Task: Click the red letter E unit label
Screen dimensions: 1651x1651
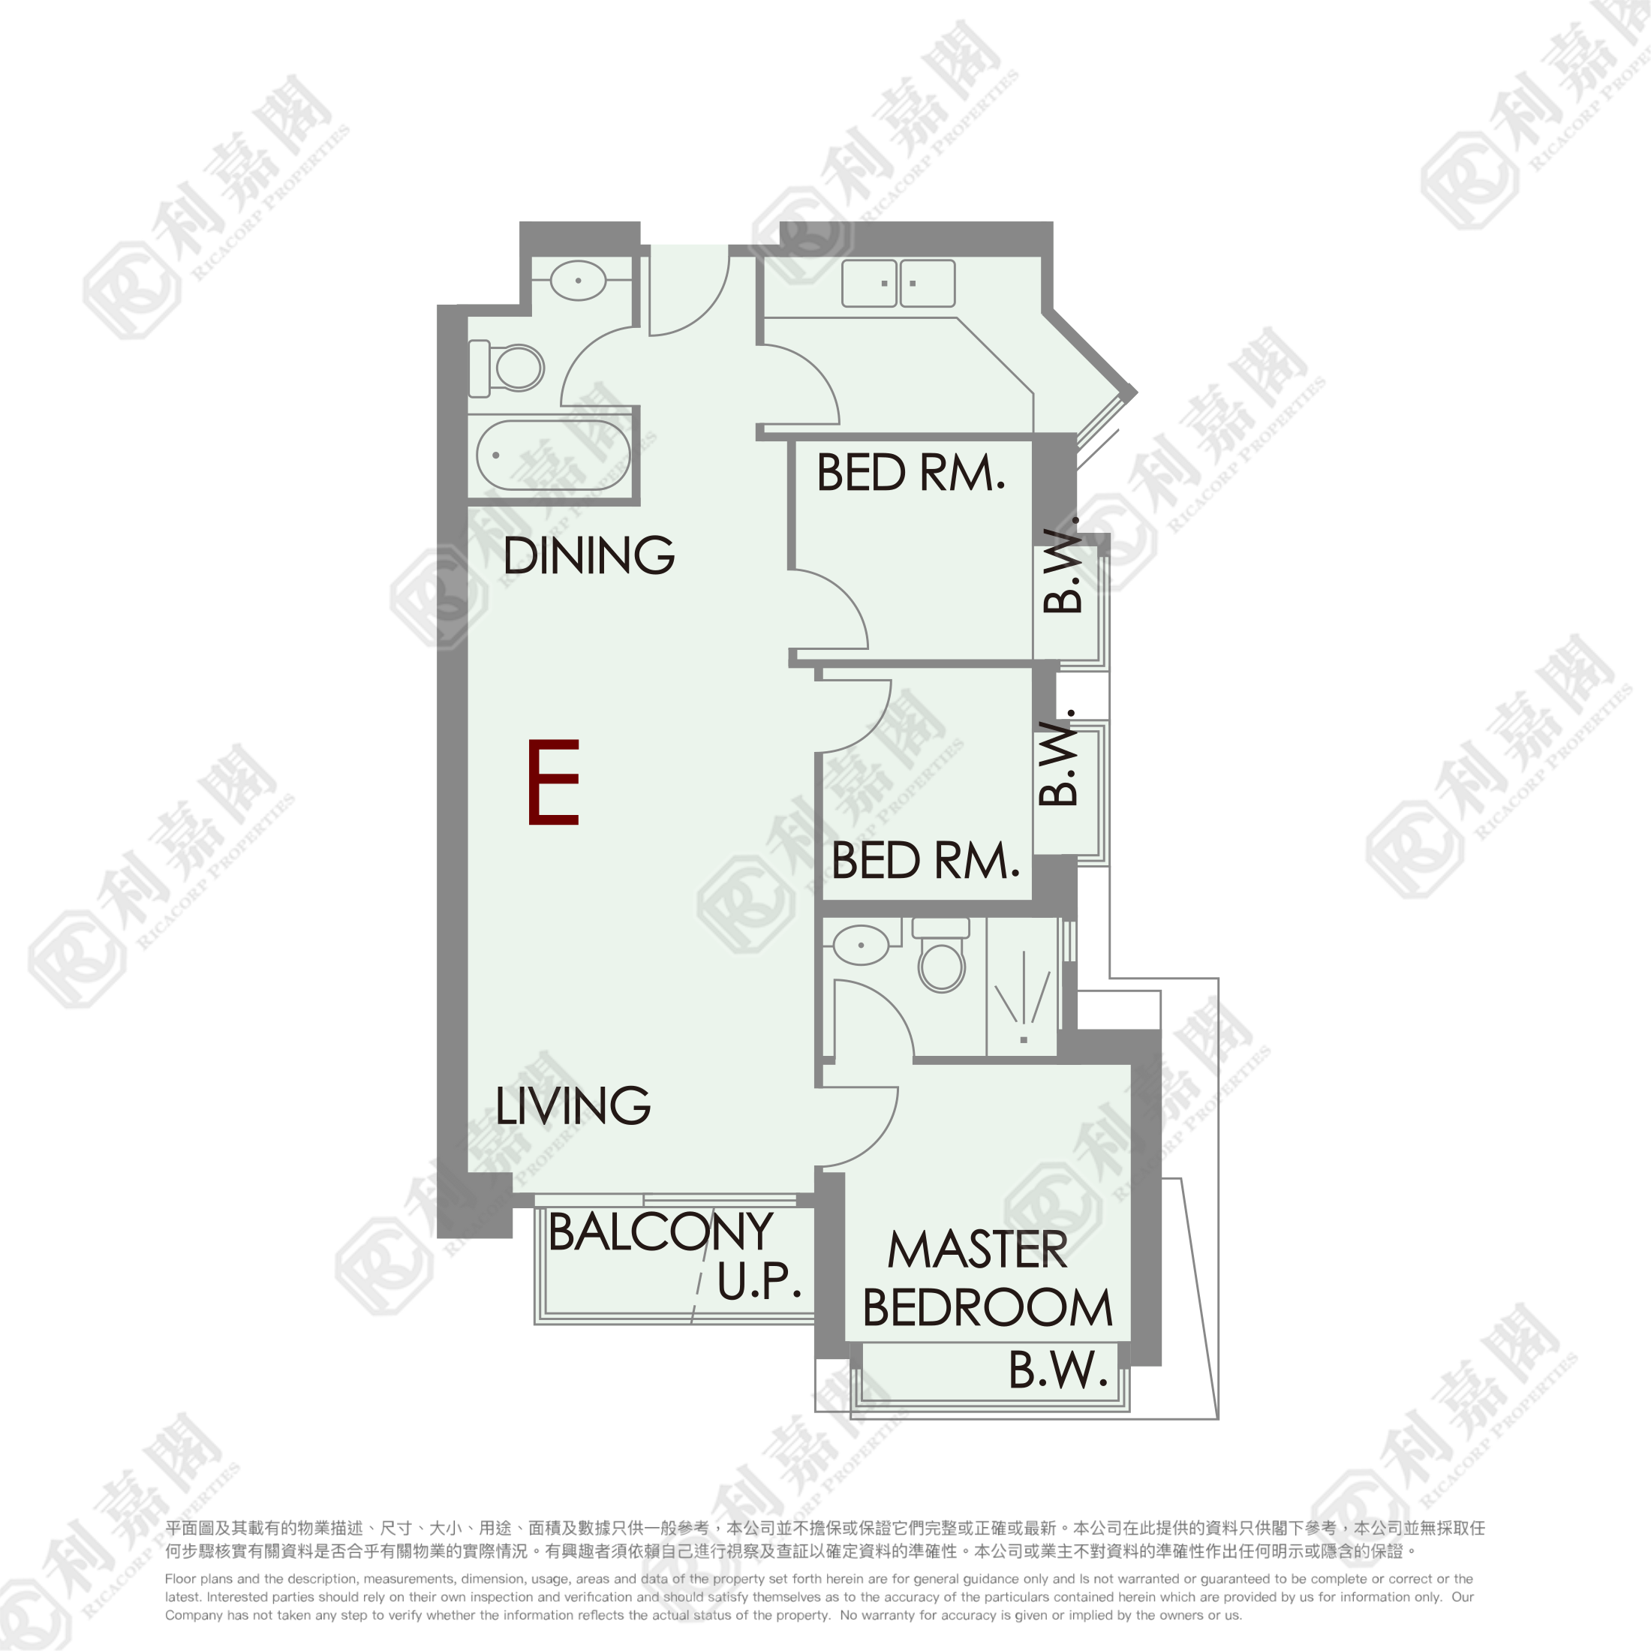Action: pos(554,782)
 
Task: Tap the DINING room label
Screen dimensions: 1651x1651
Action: pos(589,555)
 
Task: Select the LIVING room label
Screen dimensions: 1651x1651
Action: pos(573,1105)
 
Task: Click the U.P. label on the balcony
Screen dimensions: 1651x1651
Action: pos(759,1280)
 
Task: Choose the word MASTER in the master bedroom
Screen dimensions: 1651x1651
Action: pos(978,1249)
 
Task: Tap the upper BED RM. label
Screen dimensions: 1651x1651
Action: pos(911,473)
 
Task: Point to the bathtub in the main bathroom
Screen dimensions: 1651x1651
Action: pos(553,456)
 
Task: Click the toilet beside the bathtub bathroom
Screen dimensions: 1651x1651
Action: pos(506,368)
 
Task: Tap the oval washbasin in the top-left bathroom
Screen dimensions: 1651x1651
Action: pos(578,280)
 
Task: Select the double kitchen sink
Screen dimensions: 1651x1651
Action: pos(898,283)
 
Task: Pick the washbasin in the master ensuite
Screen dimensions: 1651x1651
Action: pos(861,945)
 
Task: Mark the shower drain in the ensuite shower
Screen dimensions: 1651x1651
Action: pos(1024,1040)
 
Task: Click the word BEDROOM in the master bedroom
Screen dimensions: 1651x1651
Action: pos(987,1307)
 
